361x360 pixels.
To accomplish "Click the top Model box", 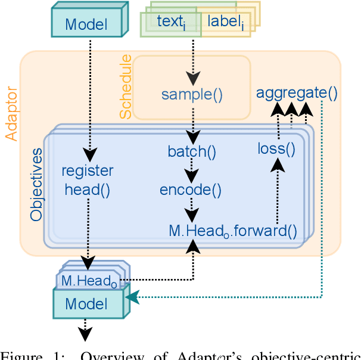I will point(86,24).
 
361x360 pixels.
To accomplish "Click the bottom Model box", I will point(86,303).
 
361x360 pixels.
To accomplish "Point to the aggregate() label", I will point(297,92).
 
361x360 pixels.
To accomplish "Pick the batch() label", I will point(191,151).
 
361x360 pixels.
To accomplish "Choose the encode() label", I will point(191,190).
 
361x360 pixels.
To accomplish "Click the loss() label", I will point(276,148).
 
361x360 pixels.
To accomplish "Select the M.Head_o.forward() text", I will point(232,230).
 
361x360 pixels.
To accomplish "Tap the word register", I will point(88,171).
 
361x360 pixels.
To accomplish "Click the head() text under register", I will point(88,190).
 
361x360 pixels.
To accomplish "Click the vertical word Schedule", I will point(125,87).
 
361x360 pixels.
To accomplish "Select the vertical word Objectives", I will point(37,184).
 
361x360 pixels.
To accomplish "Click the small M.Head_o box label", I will point(89,279).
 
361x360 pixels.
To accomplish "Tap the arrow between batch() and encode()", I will point(191,173).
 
